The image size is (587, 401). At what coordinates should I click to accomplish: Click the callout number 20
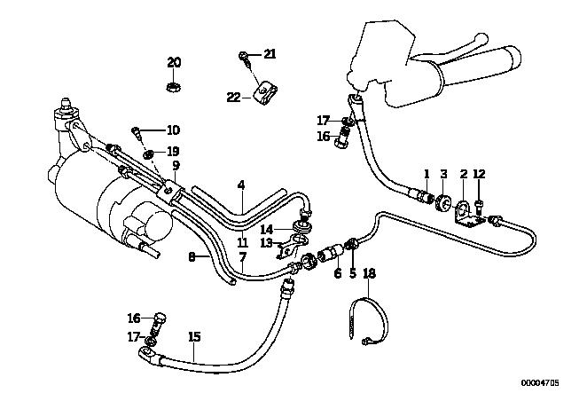pyautogui.click(x=174, y=62)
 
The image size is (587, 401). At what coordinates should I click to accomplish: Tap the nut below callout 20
pyautogui.click(x=174, y=87)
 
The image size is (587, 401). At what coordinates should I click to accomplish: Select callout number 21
pyautogui.click(x=270, y=54)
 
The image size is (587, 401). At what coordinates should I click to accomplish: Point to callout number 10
pyautogui.click(x=172, y=130)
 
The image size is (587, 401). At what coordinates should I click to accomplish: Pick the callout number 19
pyautogui.click(x=173, y=151)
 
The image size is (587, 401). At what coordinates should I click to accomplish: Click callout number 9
pyautogui.click(x=176, y=165)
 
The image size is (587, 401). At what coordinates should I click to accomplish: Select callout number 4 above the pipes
pyautogui.click(x=240, y=185)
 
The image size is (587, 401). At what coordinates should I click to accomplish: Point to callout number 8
pyautogui.click(x=192, y=257)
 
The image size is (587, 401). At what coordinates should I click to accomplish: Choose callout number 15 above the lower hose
pyautogui.click(x=194, y=336)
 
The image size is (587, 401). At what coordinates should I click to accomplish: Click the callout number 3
pyautogui.click(x=444, y=173)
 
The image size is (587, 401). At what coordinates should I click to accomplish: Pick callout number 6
pyautogui.click(x=337, y=273)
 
